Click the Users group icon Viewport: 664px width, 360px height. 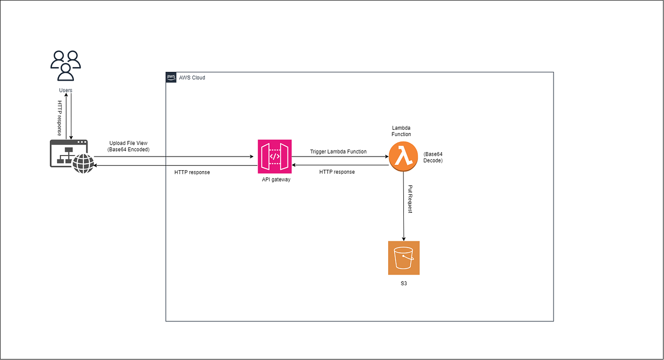pos(66,66)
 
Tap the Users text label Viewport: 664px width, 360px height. pos(66,90)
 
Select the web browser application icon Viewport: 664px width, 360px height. pos(68,153)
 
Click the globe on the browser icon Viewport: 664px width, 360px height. pos(83,164)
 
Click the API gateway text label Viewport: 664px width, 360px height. pos(276,180)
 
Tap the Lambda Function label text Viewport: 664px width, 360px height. pos(401,131)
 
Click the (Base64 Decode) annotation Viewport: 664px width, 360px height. pos(433,157)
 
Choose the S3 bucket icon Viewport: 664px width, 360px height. pos(404,258)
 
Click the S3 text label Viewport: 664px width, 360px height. pos(404,283)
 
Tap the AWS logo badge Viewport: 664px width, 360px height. pos(171,77)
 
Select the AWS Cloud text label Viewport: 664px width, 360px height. pos(192,78)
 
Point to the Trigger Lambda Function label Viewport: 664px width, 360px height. pos(338,152)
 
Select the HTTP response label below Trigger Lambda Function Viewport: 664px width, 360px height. pos(337,172)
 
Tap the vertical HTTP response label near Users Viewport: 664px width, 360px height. pos(60,118)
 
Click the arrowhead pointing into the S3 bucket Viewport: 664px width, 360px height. pos(404,239)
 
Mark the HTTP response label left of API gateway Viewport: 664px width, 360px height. pos(192,172)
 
